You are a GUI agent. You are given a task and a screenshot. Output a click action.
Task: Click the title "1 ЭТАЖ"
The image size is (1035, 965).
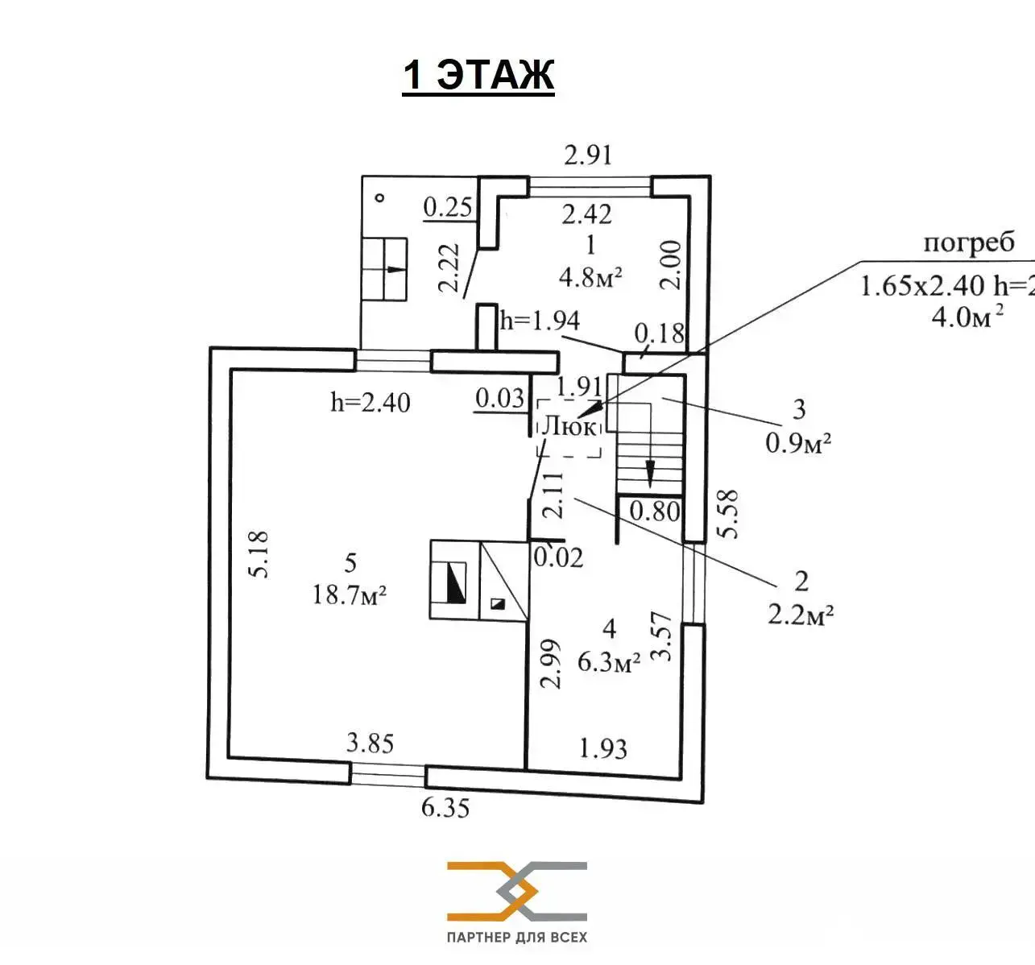tap(478, 76)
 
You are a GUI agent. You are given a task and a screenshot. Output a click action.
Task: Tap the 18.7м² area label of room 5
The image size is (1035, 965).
tap(350, 595)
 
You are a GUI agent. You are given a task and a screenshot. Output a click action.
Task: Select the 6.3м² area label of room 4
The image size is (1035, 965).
tap(609, 662)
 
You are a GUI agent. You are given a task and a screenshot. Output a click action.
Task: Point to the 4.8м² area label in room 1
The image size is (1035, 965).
tap(590, 277)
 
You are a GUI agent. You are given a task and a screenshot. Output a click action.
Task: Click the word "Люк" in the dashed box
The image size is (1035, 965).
tap(569, 425)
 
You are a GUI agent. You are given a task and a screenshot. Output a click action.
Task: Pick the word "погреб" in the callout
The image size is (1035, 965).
tap(969, 243)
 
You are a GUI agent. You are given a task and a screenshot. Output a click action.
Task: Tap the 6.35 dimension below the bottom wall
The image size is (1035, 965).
tap(445, 807)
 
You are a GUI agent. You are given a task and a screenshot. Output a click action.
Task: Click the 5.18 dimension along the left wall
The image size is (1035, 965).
tap(259, 554)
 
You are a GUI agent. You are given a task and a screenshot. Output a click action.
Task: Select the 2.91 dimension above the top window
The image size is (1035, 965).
tap(588, 155)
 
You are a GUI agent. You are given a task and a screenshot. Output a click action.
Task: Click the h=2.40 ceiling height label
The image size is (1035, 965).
tap(371, 402)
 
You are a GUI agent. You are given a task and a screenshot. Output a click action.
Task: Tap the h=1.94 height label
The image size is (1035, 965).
tap(540, 321)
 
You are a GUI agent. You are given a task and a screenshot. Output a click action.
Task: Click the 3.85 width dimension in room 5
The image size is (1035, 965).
tap(370, 743)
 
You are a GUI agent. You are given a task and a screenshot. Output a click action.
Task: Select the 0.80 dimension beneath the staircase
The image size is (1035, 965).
tap(654, 511)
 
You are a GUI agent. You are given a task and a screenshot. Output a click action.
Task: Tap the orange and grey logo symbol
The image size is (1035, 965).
tap(517, 891)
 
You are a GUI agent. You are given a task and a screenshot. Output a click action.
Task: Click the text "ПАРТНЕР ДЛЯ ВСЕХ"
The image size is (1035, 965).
tap(517, 938)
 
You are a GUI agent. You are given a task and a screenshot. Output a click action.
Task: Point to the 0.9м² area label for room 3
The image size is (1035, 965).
tap(798, 443)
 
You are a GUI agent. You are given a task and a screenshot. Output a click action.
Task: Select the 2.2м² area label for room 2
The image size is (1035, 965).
tap(800, 615)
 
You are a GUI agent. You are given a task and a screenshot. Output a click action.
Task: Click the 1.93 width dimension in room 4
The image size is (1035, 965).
tap(603, 749)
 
